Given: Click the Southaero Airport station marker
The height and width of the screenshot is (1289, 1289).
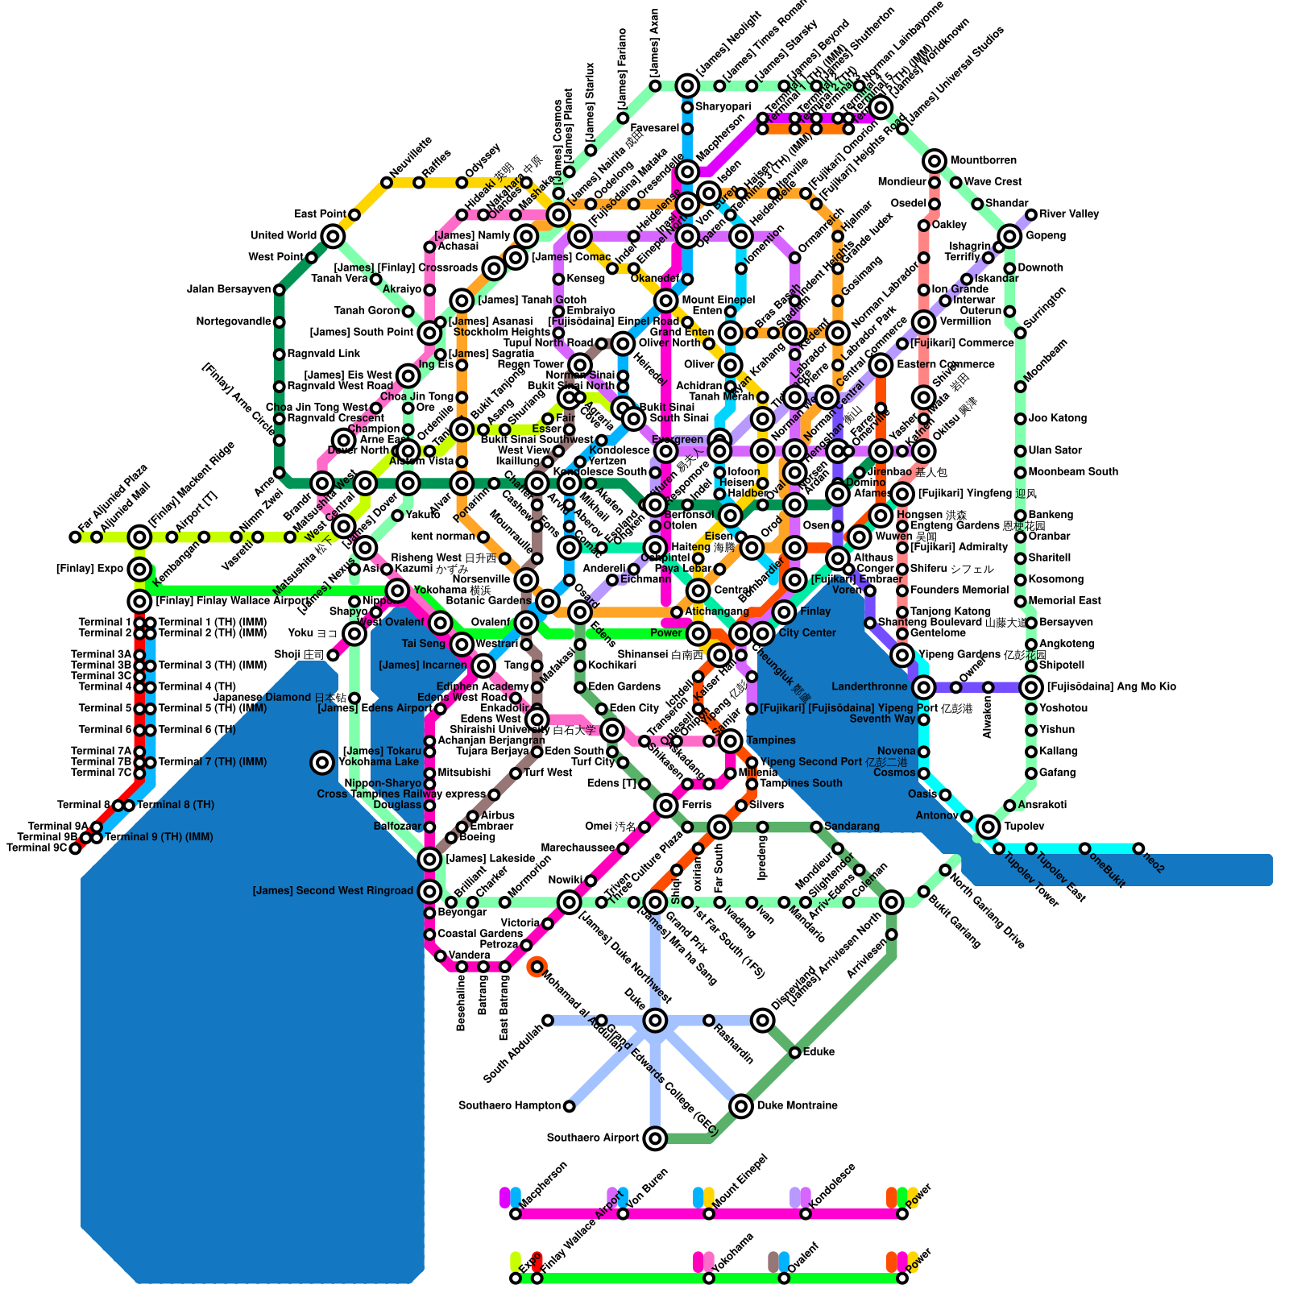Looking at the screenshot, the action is point(655,1138).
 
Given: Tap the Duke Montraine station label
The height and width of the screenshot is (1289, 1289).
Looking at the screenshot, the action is point(797,1105).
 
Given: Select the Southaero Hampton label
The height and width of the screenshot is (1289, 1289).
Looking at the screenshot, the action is point(509,1105).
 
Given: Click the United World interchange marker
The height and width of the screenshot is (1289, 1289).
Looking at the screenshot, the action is point(333,236).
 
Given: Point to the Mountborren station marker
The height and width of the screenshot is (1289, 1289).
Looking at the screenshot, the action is point(935,161).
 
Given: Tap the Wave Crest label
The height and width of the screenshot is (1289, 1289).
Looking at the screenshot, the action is point(993,182).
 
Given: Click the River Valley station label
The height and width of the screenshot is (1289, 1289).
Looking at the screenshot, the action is point(1068,214).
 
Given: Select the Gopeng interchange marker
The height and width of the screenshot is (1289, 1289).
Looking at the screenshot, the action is point(1009,236).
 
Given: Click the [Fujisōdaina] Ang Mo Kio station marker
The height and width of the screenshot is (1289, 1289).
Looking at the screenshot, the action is point(1031,687).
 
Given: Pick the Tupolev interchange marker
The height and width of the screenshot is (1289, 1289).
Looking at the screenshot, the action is point(989,827).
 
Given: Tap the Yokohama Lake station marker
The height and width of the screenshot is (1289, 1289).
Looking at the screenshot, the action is point(322,762).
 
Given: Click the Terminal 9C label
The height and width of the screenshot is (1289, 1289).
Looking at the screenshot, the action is point(37,848).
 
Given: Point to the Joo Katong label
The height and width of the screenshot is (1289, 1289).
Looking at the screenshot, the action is point(1057,418).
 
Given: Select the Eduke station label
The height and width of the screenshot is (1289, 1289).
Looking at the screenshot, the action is point(819,1052).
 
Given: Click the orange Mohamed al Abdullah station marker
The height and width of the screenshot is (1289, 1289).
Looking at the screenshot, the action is point(537,967).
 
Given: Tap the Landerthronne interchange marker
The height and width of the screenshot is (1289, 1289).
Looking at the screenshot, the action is point(924,687).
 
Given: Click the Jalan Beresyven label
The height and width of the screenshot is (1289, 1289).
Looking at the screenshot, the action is point(229,289).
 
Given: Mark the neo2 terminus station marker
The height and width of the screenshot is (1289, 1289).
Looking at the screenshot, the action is point(1138,848).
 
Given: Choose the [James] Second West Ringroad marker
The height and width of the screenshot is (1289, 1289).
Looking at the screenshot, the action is point(429,891).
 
